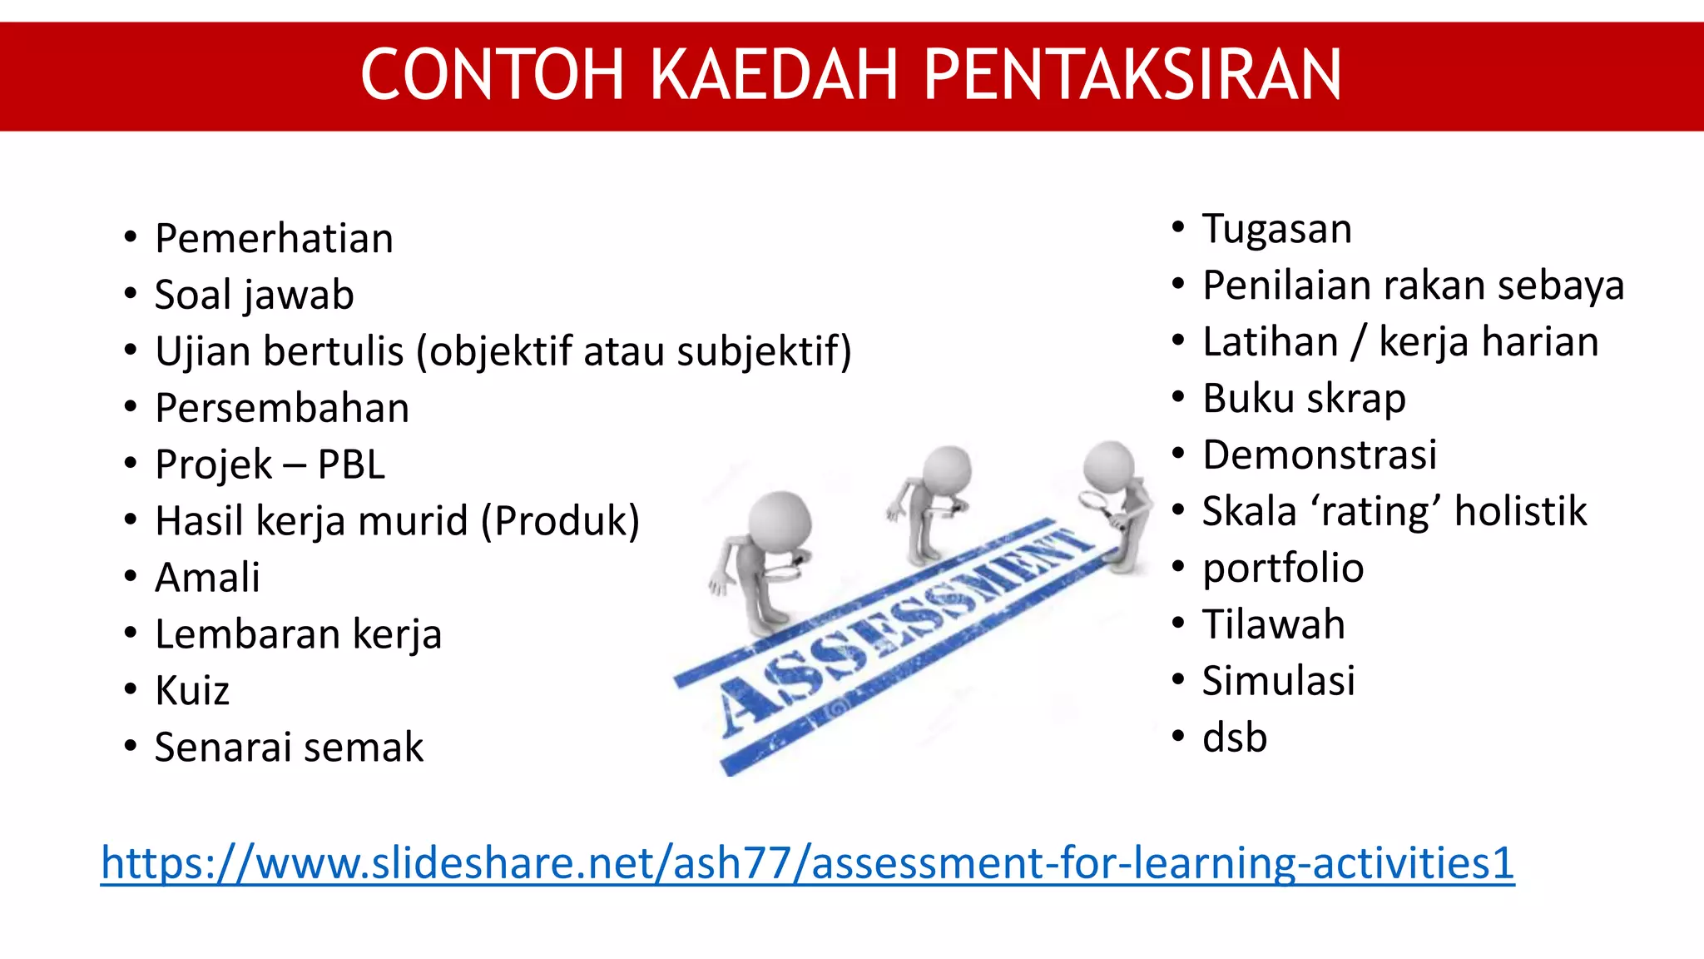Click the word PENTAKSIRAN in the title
1132,75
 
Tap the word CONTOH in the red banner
492,75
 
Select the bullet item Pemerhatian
274,239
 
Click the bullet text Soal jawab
254,296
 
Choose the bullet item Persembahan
282,409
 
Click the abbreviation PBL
351,465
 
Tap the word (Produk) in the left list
560,521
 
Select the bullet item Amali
207,578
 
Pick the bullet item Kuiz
192,691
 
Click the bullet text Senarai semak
289,748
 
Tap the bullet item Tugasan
1276,229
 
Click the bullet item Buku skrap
1304,399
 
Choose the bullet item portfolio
1282,569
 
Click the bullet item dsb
1234,738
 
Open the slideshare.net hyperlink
807,863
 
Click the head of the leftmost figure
779,521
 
